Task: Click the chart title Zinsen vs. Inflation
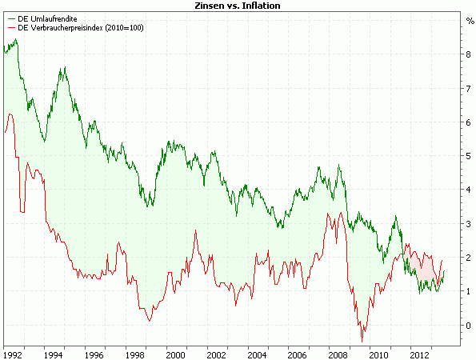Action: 238,6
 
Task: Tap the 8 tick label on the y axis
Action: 470,54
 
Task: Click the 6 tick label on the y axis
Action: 470,122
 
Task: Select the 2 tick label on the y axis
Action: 470,258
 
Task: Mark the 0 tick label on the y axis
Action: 470,326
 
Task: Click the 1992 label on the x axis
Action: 13,353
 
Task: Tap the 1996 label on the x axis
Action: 94,353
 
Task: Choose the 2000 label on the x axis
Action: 175,353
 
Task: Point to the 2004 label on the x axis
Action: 257,353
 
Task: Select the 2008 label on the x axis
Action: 338,353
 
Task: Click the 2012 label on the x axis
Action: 419,353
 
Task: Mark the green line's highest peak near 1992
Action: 16,40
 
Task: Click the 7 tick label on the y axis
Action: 470,89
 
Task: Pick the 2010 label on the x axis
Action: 378,353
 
